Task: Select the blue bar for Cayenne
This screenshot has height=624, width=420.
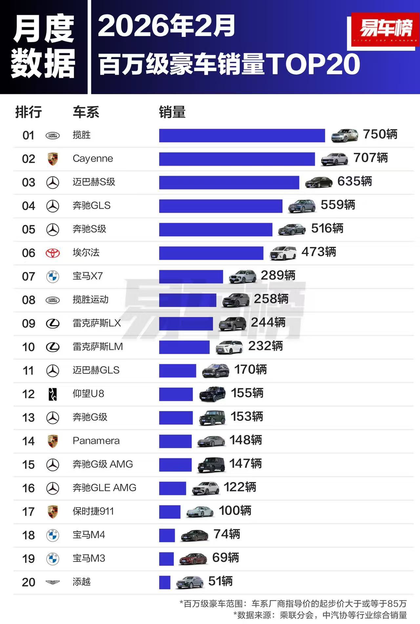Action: pyautogui.click(x=237, y=159)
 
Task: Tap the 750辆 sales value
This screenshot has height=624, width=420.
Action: pyautogui.click(x=380, y=134)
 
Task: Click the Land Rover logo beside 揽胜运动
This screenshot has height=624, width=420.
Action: pyautogui.click(x=52, y=300)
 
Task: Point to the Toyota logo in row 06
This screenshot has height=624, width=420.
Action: pyautogui.click(x=52, y=253)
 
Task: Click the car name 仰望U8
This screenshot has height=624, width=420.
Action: pyautogui.click(x=88, y=394)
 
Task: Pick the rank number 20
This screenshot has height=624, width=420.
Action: pyautogui.click(x=29, y=582)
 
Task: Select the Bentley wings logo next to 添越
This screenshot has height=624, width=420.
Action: pyautogui.click(x=52, y=582)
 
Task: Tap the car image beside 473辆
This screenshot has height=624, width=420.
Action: pyautogui.click(x=283, y=253)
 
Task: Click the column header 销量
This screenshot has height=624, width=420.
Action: pyautogui.click(x=172, y=112)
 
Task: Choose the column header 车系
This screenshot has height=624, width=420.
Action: pyautogui.click(x=86, y=112)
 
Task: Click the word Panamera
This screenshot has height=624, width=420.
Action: pyautogui.click(x=96, y=441)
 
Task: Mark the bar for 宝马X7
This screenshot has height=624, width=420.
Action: pyautogui.click(x=191, y=276)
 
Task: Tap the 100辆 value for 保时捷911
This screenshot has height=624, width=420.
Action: pyautogui.click(x=235, y=511)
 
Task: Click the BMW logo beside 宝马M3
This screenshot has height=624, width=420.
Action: pyautogui.click(x=52, y=559)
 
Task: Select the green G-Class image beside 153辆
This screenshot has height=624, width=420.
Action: pyautogui.click(x=212, y=418)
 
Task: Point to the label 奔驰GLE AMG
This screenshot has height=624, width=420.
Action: pyautogui.click(x=104, y=488)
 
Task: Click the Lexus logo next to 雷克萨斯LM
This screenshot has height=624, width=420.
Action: pyautogui.click(x=52, y=347)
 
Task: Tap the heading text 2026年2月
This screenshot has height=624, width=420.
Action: pyautogui.click(x=166, y=26)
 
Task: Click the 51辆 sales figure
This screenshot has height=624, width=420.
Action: pyautogui.click(x=220, y=581)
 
